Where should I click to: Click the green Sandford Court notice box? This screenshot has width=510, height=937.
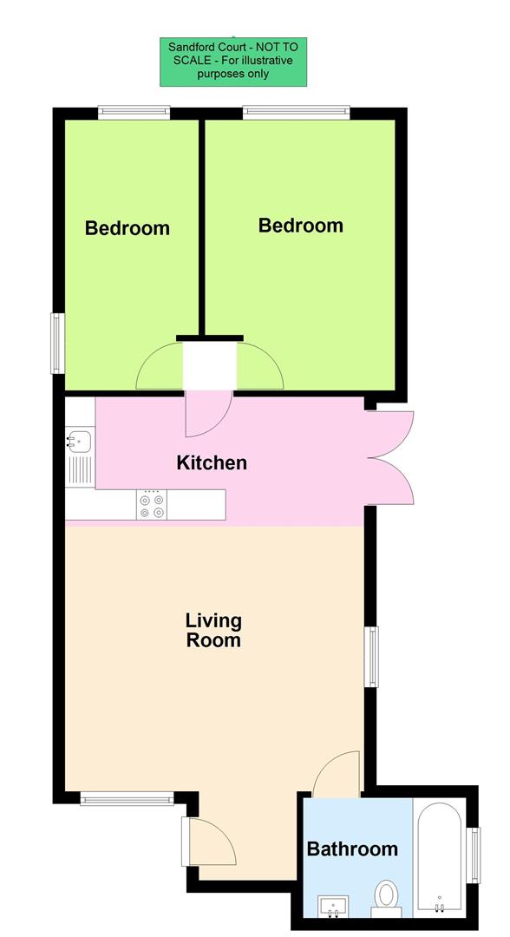click(233, 62)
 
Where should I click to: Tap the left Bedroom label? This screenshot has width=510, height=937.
click(127, 229)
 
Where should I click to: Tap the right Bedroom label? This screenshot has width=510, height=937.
click(300, 226)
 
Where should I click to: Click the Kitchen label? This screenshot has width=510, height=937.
click(212, 463)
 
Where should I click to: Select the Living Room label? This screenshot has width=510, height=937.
click(213, 631)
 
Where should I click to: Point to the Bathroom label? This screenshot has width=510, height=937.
click(352, 849)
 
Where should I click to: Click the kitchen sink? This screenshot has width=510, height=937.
click(78, 442)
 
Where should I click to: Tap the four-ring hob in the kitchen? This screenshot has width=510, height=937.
click(151, 505)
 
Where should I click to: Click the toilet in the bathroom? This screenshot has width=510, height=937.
click(386, 894)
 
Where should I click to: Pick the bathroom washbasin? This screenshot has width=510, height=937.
click(334, 907)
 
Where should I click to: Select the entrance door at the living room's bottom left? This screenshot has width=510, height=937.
click(208, 841)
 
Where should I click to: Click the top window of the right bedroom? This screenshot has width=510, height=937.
click(296, 112)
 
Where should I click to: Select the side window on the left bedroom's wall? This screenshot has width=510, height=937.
click(57, 343)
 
